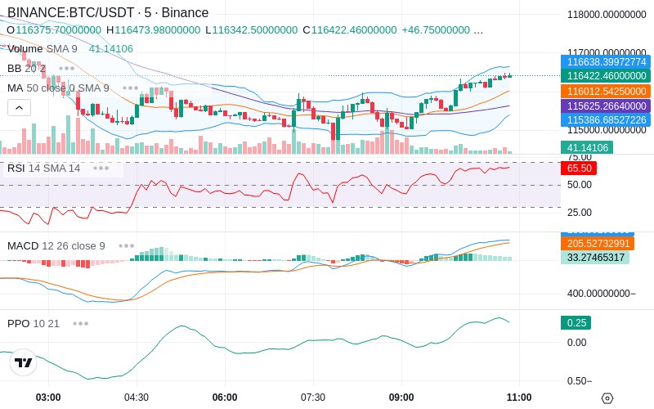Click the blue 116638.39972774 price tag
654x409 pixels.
(606, 61)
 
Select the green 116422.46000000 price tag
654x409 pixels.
(606, 76)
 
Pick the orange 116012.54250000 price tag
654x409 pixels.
(606, 92)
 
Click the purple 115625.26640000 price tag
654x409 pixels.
(606, 106)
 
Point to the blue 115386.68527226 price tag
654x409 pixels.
(606, 120)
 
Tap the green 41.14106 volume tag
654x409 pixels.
(586, 148)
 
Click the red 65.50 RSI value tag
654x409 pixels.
(579, 168)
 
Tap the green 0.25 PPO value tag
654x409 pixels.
(576, 323)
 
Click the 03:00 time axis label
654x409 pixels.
(48, 398)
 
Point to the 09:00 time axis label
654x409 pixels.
(401, 398)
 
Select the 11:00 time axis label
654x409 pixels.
(519, 398)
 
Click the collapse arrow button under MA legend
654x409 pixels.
(19, 107)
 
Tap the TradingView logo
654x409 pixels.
(24, 362)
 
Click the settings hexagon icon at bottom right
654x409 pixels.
(607, 398)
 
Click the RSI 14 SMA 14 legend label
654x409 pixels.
(44, 169)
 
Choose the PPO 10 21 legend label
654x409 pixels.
(34, 323)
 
